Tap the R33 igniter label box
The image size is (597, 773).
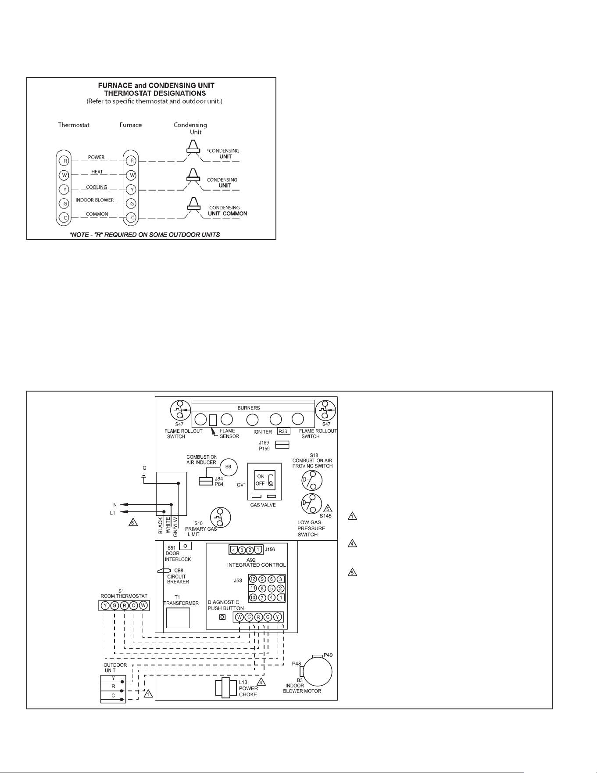point(283,431)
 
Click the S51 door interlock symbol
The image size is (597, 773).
point(186,546)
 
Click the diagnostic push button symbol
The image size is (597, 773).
point(222,617)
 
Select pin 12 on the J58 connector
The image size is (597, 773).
point(253,579)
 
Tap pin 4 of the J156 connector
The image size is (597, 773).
point(234,550)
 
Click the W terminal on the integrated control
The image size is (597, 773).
point(240,617)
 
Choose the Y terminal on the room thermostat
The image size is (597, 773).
point(105,606)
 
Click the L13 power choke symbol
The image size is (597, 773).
point(226,688)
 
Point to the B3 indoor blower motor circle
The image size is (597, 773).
point(318,672)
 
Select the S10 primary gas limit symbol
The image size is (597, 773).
point(221,518)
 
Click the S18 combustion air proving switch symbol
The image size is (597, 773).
point(312,480)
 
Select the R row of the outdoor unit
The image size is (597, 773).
point(113,686)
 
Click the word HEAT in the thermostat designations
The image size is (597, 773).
point(97,172)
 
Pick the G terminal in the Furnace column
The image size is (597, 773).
point(131,204)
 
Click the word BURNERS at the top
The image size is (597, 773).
point(249,408)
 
